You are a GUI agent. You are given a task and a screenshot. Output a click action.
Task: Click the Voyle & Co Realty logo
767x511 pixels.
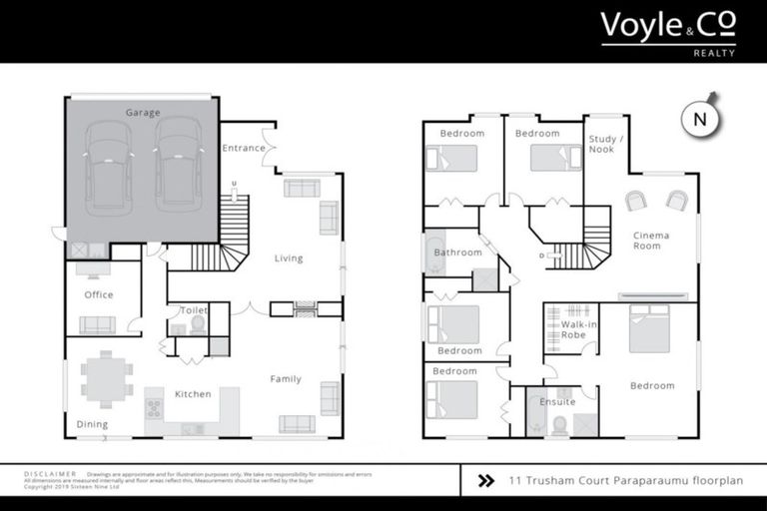tap(667, 32)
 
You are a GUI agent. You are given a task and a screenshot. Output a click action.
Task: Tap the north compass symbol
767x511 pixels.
tap(699, 117)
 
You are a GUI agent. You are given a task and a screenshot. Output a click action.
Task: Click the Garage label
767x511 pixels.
tap(142, 113)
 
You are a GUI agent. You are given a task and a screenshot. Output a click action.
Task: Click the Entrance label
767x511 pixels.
tap(244, 149)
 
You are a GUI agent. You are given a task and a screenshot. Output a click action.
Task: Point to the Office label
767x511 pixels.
tap(98, 294)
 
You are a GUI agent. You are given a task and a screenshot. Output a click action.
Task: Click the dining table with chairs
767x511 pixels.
tap(107, 378)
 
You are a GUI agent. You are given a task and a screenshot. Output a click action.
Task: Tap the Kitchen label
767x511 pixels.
tap(193, 394)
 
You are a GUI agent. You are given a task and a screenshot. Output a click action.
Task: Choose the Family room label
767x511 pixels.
tap(286, 378)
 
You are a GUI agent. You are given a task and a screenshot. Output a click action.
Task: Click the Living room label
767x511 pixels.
tap(289, 258)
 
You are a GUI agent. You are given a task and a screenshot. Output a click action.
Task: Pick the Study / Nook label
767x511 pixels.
tap(602, 144)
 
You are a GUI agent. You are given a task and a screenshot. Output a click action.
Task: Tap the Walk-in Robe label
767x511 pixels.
tap(579, 329)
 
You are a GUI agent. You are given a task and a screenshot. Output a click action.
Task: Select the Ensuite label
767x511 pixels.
tap(557, 401)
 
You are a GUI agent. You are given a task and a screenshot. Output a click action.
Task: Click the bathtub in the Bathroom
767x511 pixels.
tap(436, 255)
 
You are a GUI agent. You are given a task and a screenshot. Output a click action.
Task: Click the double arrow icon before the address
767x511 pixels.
tap(486, 480)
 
